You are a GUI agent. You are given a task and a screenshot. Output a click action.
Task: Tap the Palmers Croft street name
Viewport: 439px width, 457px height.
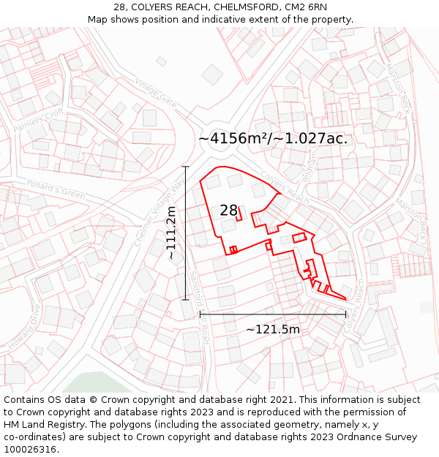[38, 121]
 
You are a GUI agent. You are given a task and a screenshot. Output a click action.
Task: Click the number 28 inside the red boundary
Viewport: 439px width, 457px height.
[229, 211]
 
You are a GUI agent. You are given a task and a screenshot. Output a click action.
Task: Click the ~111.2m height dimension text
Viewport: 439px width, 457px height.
[172, 234]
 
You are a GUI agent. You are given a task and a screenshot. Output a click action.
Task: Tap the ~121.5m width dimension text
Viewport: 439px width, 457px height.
[272, 329]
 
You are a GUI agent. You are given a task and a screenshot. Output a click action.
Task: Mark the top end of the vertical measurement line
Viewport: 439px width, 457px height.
[186, 167]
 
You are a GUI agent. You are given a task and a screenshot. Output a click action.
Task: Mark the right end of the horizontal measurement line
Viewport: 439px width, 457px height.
[346, 314]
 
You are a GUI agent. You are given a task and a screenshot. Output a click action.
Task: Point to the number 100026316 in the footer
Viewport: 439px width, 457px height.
[31, 449]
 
